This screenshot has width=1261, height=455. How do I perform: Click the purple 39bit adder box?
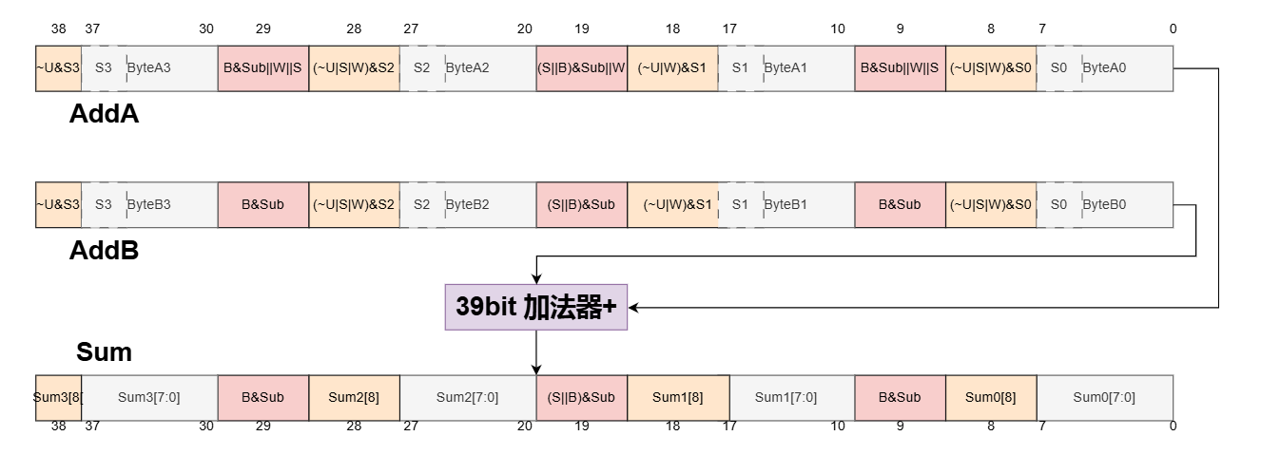point(536,307)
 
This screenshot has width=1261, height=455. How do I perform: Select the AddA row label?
point(104,115)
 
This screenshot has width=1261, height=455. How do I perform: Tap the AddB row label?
point(104,251)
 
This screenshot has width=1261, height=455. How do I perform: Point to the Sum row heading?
point(104,352)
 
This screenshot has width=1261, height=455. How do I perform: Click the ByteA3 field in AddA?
point(149,68)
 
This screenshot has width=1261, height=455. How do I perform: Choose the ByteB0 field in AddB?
point(1104,204)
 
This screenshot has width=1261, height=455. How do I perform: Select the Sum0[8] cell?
point(990,398)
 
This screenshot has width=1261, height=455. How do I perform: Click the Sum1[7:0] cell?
point(791,398)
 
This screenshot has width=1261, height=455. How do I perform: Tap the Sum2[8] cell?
point(354,398)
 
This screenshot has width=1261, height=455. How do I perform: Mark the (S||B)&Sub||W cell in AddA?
point(581,68)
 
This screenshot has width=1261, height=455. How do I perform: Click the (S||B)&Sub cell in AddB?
point(581,204)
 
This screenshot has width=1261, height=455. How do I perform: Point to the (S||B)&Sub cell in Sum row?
point(581,398)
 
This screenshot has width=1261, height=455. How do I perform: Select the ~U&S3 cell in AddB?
point(58,204)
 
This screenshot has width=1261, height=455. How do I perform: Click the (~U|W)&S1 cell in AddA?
point(672,68)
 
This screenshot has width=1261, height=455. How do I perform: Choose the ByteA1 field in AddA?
point(786,68)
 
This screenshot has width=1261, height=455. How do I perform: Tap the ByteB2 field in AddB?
point(467,204)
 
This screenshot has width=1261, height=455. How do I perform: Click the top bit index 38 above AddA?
point(58,28)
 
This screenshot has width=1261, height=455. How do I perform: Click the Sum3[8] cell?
point(58,398)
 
